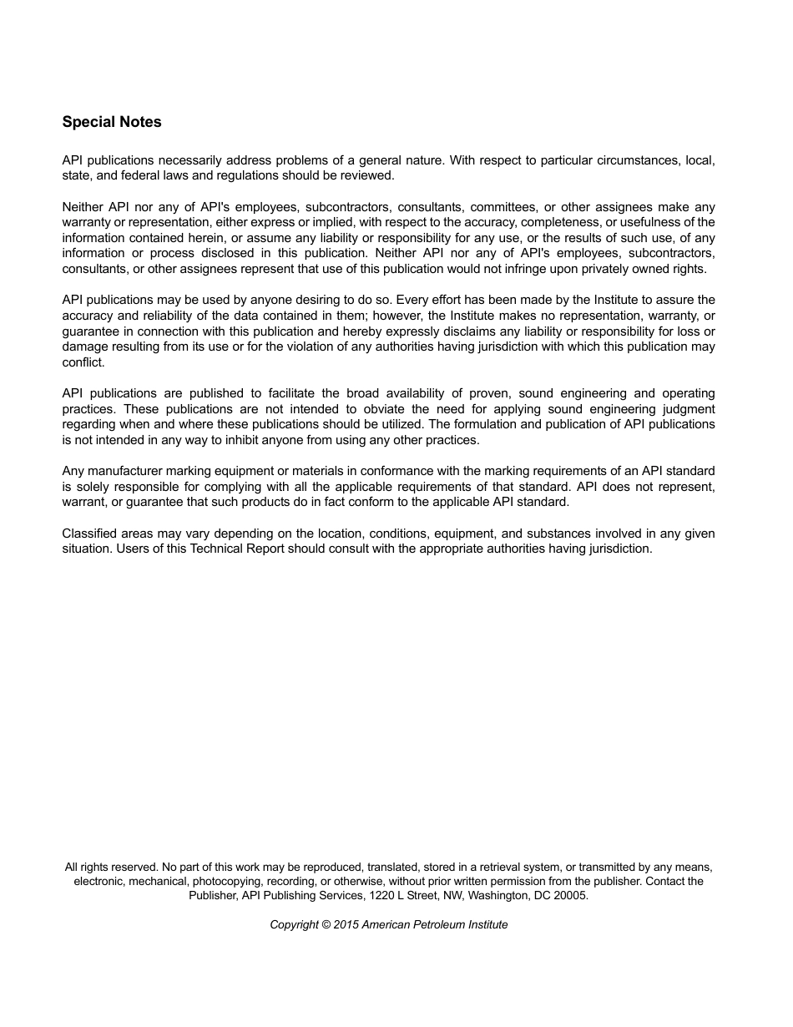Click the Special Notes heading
click(112, 122)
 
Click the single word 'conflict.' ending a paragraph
click(83, 362)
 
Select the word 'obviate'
click(385, 409)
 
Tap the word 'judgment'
click(685, 409)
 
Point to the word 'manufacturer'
click(125, 471)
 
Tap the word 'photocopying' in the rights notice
click(228, 881)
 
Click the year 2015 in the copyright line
click(346, 924)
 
